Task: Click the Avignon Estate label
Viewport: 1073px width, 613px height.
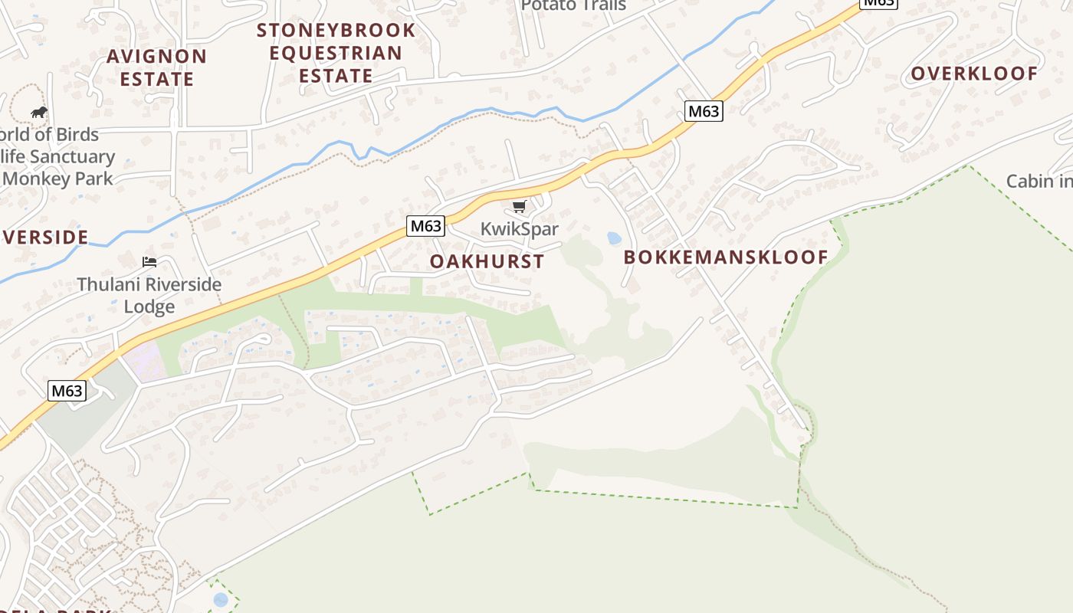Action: tap(156, 67)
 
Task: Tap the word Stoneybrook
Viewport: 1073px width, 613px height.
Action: tap(336, 31)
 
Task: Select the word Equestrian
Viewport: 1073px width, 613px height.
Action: tap(336, 54)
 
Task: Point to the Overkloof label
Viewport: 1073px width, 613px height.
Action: tap(974, 74)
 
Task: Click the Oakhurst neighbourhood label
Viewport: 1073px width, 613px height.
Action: tap(487, 261)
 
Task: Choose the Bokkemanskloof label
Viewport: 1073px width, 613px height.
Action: tap(726, 257)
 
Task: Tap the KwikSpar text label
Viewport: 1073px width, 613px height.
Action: tap(520, 229)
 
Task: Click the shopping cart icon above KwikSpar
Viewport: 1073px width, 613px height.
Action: tap(520, 206)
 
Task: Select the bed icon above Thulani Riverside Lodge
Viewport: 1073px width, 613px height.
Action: tap(149, 262)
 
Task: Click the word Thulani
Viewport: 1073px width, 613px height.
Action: tap(110, 284)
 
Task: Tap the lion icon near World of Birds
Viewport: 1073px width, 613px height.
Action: tap(39, 113)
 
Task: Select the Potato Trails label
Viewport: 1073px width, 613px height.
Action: tap(573, 5)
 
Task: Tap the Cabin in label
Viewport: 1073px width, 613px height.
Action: tap(1039, 182)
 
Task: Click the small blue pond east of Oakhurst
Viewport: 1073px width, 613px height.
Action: tap(614, 238)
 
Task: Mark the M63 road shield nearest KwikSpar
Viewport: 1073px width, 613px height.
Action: tap(425, 226)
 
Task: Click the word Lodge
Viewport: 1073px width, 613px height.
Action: tap(149, 307)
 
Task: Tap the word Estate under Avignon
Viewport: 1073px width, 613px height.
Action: tap(156, 79)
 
